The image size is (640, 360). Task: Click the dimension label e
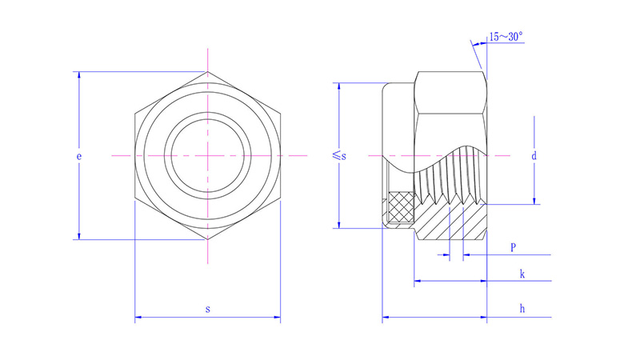tap(79, 157)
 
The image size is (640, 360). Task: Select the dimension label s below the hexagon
tap(208, 308)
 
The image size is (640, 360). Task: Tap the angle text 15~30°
tap(506, 36)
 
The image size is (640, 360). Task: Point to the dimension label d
tap(534, 156)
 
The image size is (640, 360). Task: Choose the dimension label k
tap(522, 274)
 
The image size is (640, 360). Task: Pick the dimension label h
tap(522, 308)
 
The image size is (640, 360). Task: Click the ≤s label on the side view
tap(339, 156)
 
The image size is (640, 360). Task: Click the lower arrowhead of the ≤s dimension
tap(339, 223)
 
